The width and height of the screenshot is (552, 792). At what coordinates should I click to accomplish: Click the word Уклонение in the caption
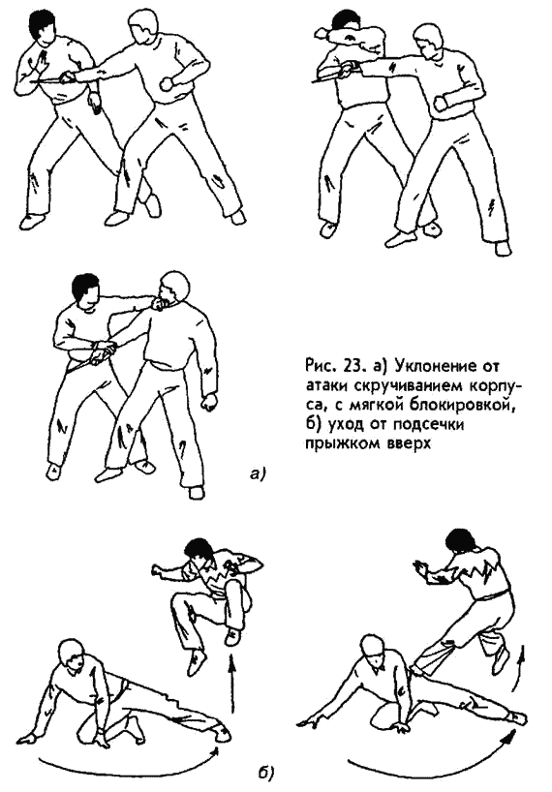tap(437, 365)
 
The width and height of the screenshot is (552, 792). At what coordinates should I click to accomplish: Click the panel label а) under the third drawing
tap(258, 473)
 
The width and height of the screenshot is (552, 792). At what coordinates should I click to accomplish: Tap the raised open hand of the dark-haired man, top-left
tap(40, 62)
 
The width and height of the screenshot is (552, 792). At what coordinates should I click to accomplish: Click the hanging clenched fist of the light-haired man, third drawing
tap(208, 402)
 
